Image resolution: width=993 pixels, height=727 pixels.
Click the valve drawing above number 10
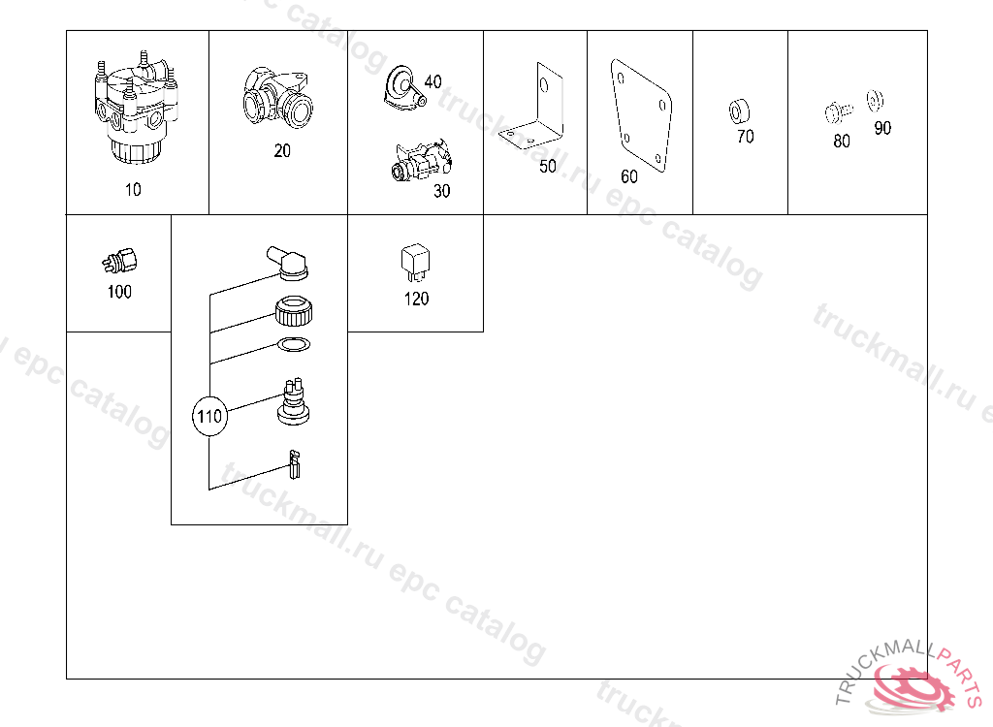pos(137,109)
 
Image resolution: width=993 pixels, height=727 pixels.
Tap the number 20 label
pos(282,150)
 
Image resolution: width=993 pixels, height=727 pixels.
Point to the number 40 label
pos(433,81)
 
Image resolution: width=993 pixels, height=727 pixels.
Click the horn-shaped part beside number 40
pos(401,87)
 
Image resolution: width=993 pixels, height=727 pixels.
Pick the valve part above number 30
pos(421,161)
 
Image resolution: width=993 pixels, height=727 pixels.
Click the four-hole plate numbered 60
pos(641,115)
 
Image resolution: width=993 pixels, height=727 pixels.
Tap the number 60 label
pos(629,176)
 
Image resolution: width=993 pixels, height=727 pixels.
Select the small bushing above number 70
pos(738,111)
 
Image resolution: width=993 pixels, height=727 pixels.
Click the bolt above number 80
pos(838,112)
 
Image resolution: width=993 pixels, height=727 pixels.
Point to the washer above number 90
pos(876,100)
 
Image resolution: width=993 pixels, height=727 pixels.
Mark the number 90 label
pos(882,129)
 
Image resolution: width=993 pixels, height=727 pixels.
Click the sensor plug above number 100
pos(119,261)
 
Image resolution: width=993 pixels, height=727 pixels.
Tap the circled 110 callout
pos(209,416)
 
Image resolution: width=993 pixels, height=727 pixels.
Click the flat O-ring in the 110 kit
pos(294,345)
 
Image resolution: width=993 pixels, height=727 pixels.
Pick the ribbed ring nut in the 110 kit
pos(294,311)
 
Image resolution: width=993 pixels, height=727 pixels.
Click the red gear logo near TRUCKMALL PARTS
pos(912,688)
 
